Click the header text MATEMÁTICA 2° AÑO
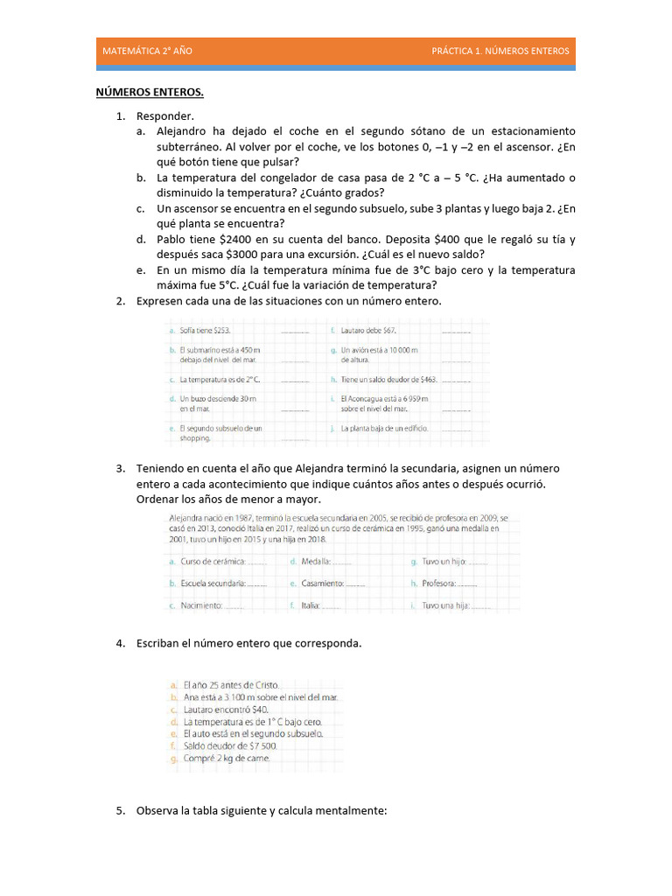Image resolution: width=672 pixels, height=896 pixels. (147, 51)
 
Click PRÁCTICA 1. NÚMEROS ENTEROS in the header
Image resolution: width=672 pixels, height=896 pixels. (500, 51)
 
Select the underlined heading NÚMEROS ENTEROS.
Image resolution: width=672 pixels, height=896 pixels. (150, 92)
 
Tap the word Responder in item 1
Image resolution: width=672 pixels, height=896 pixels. (164, 116)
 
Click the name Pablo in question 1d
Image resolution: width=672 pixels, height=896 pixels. (171, 239)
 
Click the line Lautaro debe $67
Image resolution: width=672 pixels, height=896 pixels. (368, 331)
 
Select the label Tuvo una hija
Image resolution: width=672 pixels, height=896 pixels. (445, 605)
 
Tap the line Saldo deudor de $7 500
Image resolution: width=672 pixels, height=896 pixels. (229, 746)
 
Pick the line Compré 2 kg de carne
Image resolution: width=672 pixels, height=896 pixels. (227, 759)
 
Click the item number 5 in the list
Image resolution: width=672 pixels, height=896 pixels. (121, 811)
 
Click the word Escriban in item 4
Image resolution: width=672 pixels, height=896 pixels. (159, 643)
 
